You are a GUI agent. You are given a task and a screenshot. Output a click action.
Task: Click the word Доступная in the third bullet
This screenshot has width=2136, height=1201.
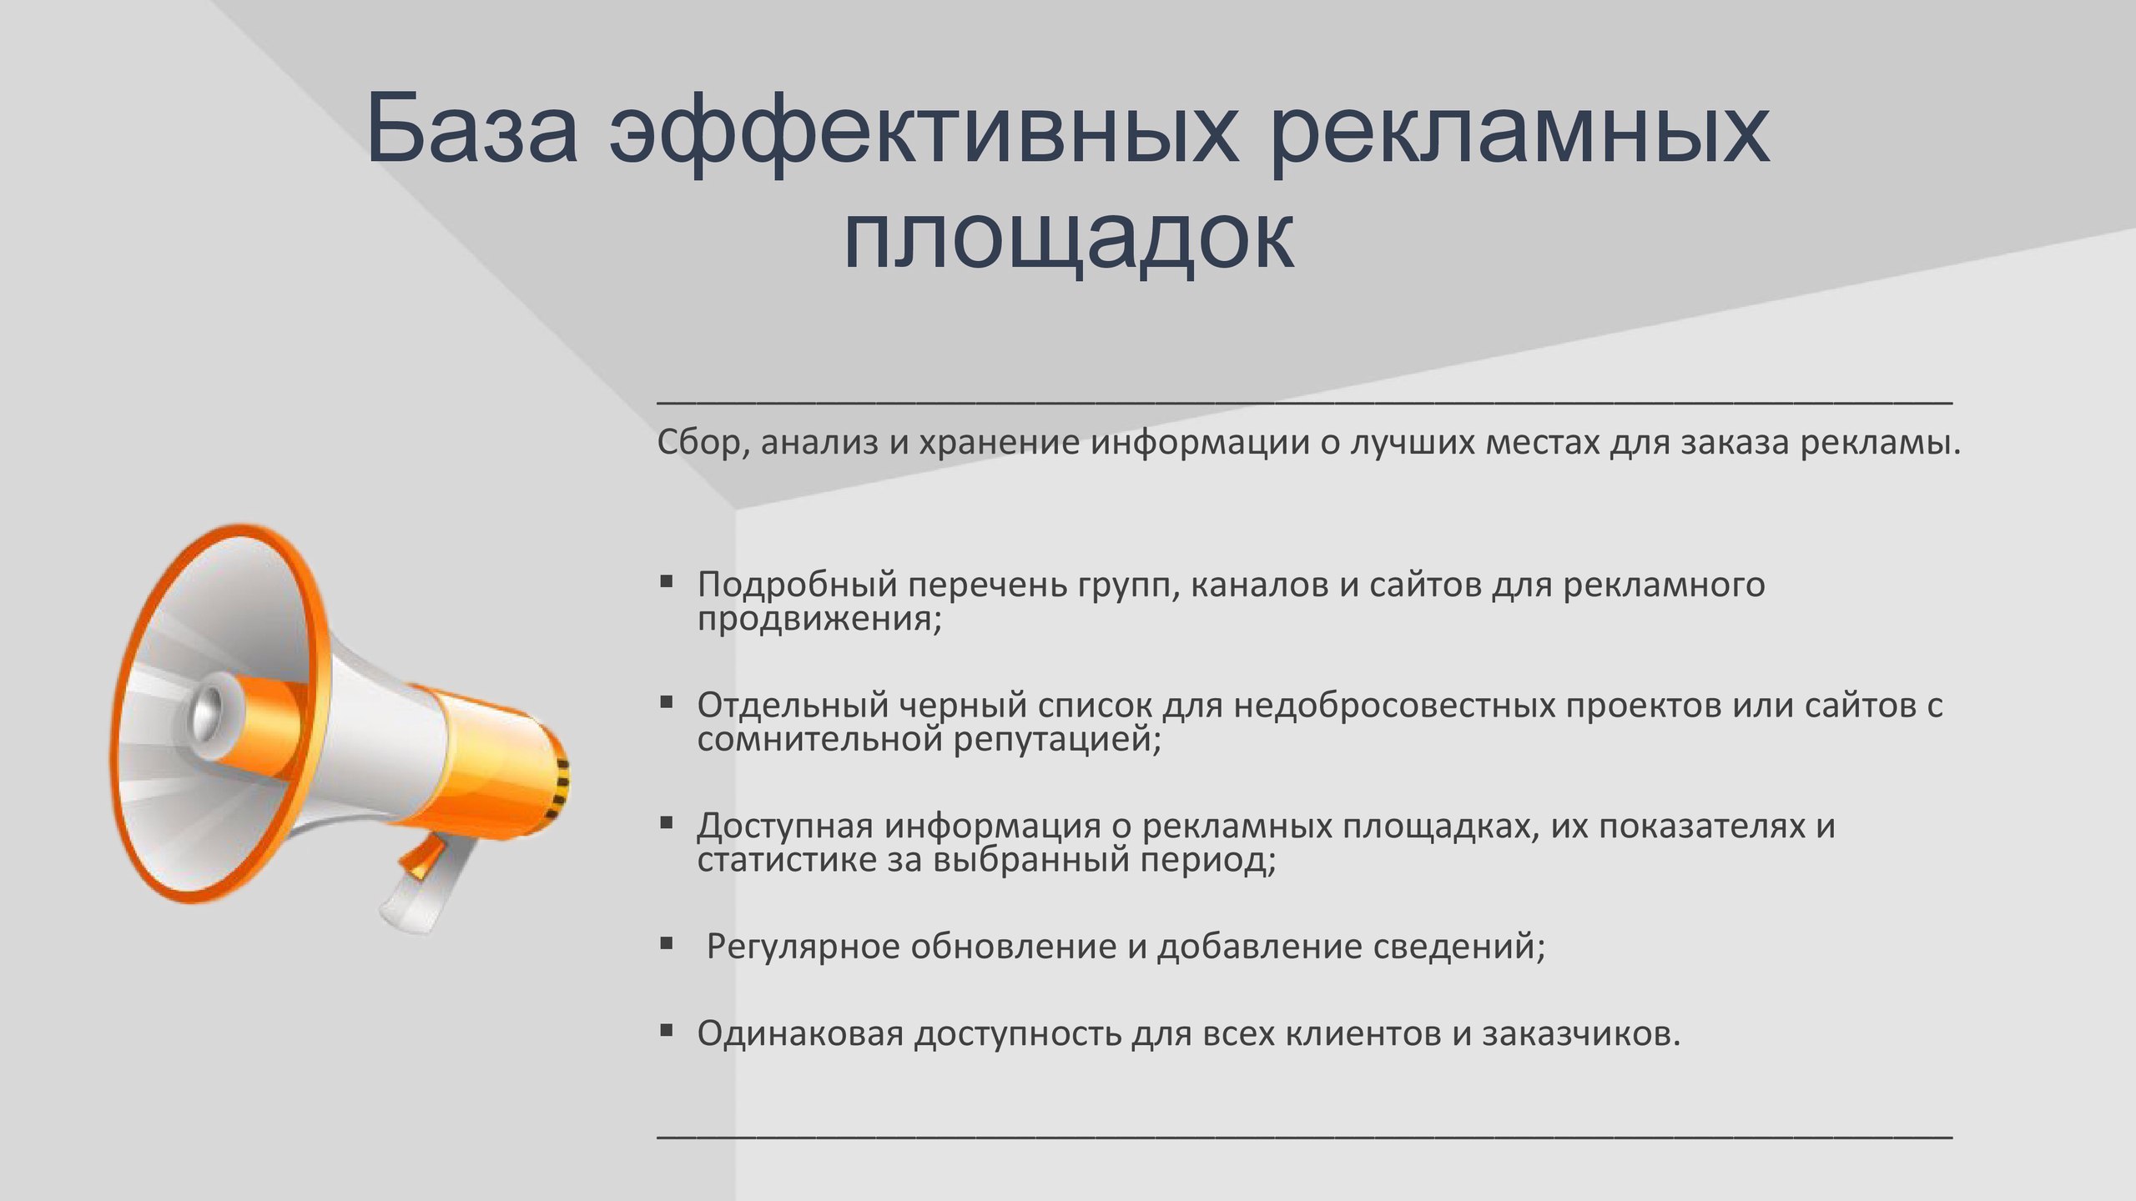785,826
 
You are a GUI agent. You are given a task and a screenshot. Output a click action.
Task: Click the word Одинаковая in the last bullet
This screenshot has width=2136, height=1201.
801,1034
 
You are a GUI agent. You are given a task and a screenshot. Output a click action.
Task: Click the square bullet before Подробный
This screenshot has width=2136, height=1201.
666,580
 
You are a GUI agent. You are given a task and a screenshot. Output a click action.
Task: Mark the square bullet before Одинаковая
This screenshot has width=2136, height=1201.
666,1030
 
